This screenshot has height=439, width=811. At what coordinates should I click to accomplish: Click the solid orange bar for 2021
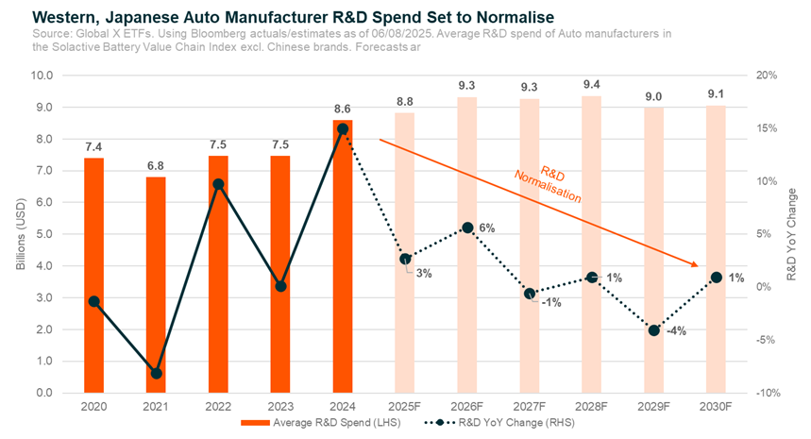[x=156, y=284]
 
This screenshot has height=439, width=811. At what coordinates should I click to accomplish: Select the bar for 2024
[x=342, y=256]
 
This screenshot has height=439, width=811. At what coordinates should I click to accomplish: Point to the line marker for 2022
[x=218, y=184]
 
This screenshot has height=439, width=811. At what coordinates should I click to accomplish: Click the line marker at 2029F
[x=653, y=329]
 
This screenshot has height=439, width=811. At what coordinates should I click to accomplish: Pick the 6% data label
[x=486, y=228]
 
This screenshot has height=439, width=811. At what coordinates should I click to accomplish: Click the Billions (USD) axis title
[x=21, y=233]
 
